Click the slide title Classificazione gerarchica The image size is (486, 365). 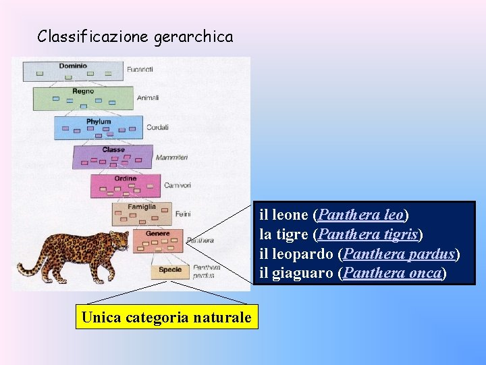135,36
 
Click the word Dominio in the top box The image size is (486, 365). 73,66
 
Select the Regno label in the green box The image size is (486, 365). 83,91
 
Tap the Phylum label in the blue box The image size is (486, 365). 99,122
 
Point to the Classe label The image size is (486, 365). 113,150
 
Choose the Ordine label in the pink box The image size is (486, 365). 125,178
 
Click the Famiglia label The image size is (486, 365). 141,207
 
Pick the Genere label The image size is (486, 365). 157,234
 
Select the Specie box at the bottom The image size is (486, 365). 170,270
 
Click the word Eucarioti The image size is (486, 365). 139,70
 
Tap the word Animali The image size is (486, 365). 148,98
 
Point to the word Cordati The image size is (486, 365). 157,128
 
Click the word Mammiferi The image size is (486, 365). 171,157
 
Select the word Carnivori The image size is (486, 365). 178,186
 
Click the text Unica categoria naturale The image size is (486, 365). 166,316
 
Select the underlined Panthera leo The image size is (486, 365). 360,216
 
